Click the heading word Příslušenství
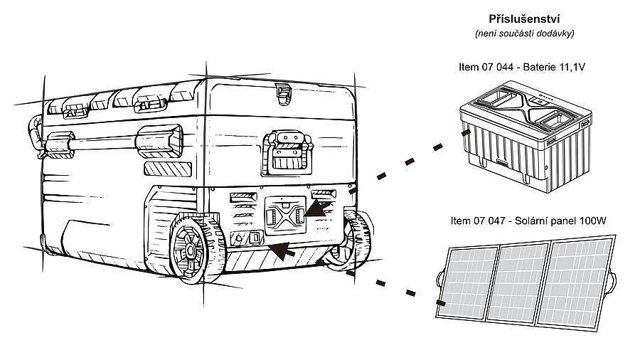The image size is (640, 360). (524, 18)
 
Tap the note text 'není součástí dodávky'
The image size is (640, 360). (525, 33)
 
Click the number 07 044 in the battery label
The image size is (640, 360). (496, 67)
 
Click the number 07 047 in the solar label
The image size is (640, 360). (489, 221)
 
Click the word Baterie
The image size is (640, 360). (537, 67)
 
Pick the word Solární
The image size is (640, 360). (530, 221)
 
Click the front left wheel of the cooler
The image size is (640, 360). (197, 248)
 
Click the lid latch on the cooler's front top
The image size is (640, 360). (282, 94)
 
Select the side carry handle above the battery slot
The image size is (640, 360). (287, 153)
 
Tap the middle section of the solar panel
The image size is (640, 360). (518, 282)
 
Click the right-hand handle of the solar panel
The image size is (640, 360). (611, 281)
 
